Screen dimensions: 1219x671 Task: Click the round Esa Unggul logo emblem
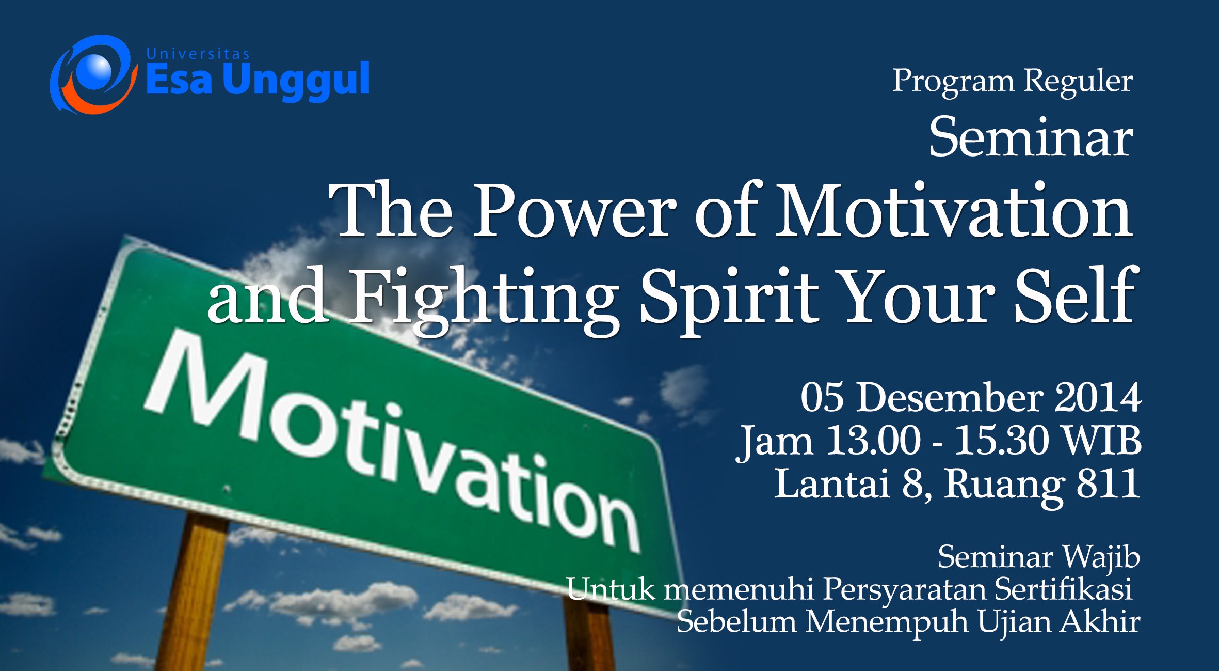coord(93,75)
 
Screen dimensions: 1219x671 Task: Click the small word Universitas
coord(198,54)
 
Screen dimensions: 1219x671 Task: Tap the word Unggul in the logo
coord(296,81)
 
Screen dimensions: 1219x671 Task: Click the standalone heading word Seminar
coord(1031,137)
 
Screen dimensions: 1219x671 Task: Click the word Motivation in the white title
coord(954,211)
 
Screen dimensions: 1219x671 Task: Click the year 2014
coord(1098,398)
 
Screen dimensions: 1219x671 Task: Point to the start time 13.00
coord(873,441)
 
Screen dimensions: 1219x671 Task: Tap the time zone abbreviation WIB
coord(1103,441)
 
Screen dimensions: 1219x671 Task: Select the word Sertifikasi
coord(1064,589)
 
